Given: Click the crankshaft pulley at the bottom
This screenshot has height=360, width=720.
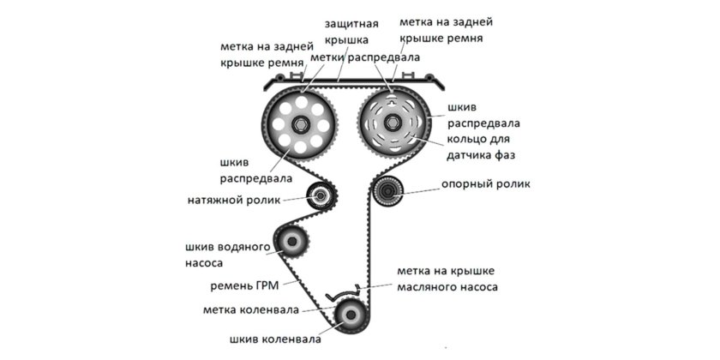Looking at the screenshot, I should point(348,318).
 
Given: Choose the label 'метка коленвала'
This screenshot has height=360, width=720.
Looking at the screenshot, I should point(250,309).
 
